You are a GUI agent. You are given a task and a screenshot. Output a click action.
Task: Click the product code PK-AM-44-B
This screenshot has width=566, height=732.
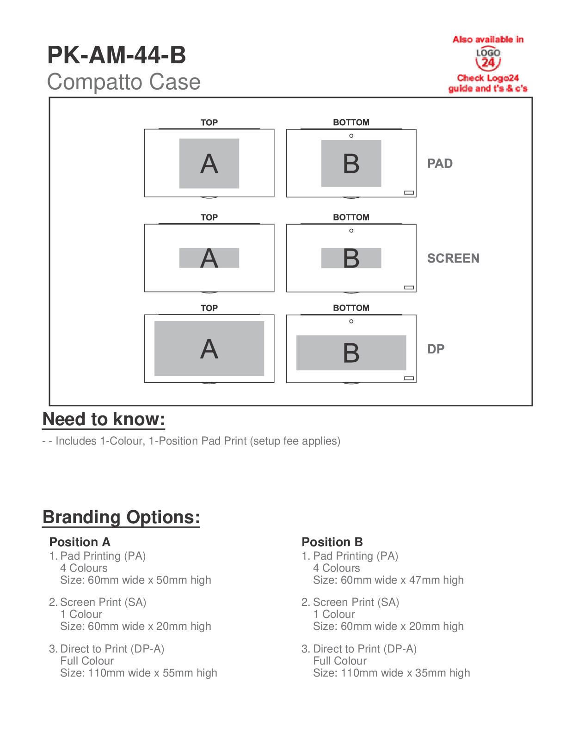(117, 55)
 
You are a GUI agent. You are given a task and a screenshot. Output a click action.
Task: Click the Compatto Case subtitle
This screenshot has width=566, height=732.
(123, 82)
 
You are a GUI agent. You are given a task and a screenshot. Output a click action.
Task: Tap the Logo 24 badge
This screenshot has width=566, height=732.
(488, 59)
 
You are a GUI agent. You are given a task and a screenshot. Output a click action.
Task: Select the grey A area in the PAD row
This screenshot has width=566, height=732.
(209, 164)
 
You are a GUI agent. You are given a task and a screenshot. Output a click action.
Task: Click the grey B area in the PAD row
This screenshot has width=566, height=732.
(351, 164)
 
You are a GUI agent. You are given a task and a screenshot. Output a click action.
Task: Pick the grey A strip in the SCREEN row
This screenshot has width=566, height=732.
(209, 258)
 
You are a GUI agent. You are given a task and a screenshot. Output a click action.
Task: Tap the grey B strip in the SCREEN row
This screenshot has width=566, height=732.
(351, 258)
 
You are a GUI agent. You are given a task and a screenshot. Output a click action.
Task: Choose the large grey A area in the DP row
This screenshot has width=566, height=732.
(209, 348)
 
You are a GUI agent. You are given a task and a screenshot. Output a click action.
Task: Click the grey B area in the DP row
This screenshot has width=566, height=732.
(351, 353)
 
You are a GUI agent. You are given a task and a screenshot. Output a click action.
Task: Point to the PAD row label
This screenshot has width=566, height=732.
(440, 164)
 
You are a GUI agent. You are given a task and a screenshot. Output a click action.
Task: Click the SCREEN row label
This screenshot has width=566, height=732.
(453, 258)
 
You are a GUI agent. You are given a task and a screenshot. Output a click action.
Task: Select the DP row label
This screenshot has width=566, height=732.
(436, 349)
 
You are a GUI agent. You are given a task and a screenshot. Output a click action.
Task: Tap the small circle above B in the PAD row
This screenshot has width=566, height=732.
(351, 136)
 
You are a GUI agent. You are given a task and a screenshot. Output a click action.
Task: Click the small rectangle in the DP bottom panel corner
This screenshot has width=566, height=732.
(409, 378)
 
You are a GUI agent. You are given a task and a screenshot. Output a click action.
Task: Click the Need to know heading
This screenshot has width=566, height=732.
(104, 419)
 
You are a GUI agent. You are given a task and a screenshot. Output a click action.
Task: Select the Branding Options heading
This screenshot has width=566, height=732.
(121, 517)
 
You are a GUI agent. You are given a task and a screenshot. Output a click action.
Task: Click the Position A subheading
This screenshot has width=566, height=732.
(80, 542)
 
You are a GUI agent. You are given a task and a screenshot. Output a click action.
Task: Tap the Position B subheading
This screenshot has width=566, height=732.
(332, 542)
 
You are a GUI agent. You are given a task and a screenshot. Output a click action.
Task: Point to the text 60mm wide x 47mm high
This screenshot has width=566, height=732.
(388, 580)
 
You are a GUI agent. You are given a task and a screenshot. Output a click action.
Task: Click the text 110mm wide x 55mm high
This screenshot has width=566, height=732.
(139, 673)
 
